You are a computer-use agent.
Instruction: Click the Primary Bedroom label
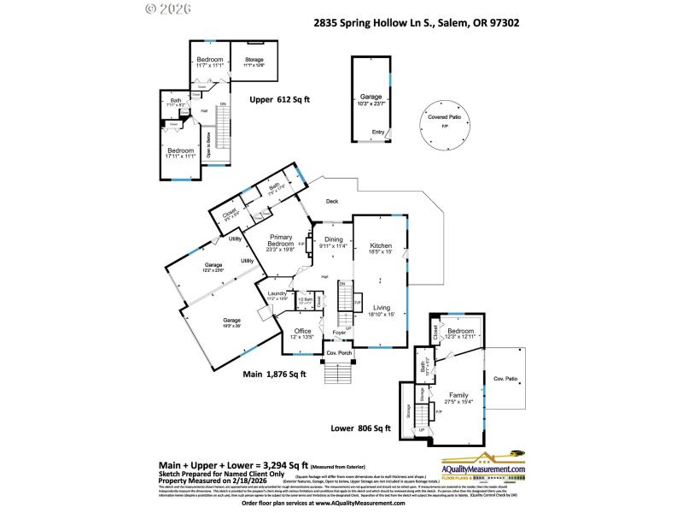281,241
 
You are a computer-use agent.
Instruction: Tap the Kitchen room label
380,245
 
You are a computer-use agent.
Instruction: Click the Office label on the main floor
303,331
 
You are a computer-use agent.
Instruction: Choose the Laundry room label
277,293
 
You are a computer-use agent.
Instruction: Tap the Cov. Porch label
339,352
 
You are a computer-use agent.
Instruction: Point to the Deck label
332,202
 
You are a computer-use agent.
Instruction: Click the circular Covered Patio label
444,116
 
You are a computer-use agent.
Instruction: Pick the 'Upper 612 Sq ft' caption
279,99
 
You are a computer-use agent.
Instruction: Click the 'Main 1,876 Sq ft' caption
274,374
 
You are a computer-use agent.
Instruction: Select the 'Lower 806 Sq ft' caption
361,427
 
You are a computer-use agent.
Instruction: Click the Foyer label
339,333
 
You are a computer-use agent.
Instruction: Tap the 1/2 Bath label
303,299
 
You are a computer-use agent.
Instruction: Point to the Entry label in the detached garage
377,132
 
